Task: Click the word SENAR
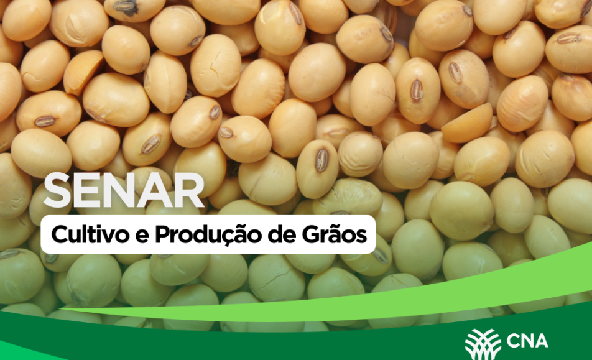(124, 190)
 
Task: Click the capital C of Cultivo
(60, 235)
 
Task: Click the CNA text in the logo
(527, 341)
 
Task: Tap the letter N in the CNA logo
(527, 341)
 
